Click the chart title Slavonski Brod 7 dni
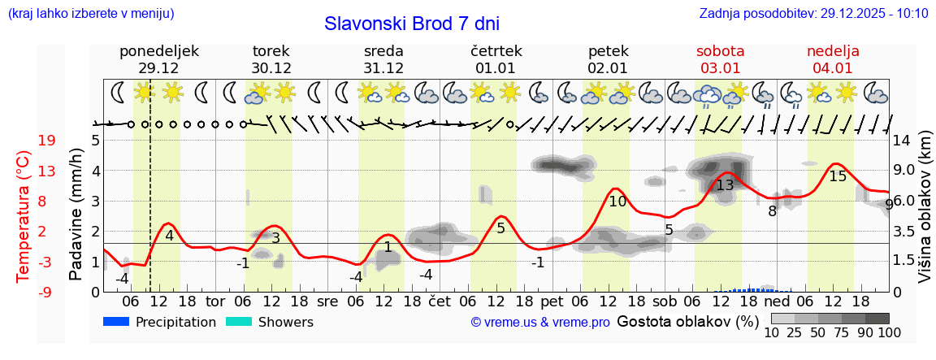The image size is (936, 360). pyautogui.click(x=412, y=24)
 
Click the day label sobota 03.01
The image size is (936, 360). pyautogui.click(x=720, y=59)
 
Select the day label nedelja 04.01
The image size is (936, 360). pyautogui.click(x=833, y=59)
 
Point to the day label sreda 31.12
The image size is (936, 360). pyautogui.click(x=383, y=59)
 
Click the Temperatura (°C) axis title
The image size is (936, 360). pyautogui.click(x=24, y=215)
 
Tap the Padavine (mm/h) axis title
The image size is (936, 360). pyautogui.click(x=76, y=215)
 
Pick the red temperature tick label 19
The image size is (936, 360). pyautogui.click(x=46, y=141)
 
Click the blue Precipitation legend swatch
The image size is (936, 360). pyautogui.click(x=117, y=322)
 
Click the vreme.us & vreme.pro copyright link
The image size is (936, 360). pyautogui.click(x=540, y=323)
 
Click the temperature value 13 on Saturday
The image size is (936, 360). pyautogui.click(x=725, y=185)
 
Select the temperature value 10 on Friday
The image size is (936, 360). pyautogui.click(x=617, y=202)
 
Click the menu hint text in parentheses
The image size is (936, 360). pyautogui.click(x=91, y=14)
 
